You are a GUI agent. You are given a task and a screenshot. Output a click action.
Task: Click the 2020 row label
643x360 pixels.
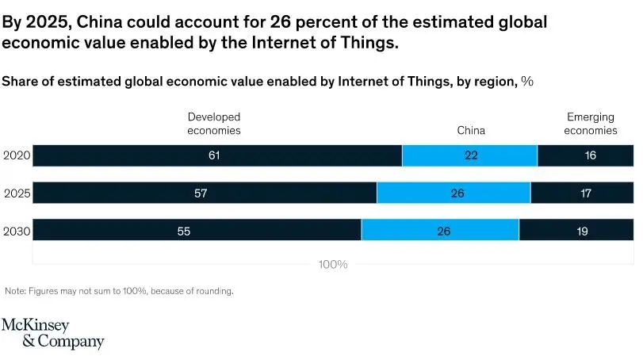tap(16, 156)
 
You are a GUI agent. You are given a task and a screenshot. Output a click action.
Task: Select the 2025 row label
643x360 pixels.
tap(16, 193)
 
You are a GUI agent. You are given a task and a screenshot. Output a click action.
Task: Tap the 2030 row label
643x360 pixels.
tap(16, 231)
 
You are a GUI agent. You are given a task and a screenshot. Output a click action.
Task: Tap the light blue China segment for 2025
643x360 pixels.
tap(454, 193)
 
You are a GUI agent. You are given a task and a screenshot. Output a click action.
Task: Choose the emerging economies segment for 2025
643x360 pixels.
tap(582, 193)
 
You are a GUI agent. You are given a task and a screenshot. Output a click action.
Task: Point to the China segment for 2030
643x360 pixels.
tap(440, 231)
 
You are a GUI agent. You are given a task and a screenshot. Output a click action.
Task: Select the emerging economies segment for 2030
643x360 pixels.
tap(576, 231)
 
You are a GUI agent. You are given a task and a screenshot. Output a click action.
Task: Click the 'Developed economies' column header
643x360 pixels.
tap(213, 124)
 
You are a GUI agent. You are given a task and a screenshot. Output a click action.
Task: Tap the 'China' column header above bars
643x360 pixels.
tap(471, 131)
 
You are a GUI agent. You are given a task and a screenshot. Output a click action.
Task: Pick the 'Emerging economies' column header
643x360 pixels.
tap(590, 124)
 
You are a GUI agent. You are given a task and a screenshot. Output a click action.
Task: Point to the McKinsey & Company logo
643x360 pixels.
tap(52, 334)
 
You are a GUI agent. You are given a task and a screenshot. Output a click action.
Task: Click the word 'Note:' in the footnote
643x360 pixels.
tap(15, 291)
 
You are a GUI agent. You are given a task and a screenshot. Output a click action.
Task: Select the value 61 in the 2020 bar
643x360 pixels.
tap(214, 156)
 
